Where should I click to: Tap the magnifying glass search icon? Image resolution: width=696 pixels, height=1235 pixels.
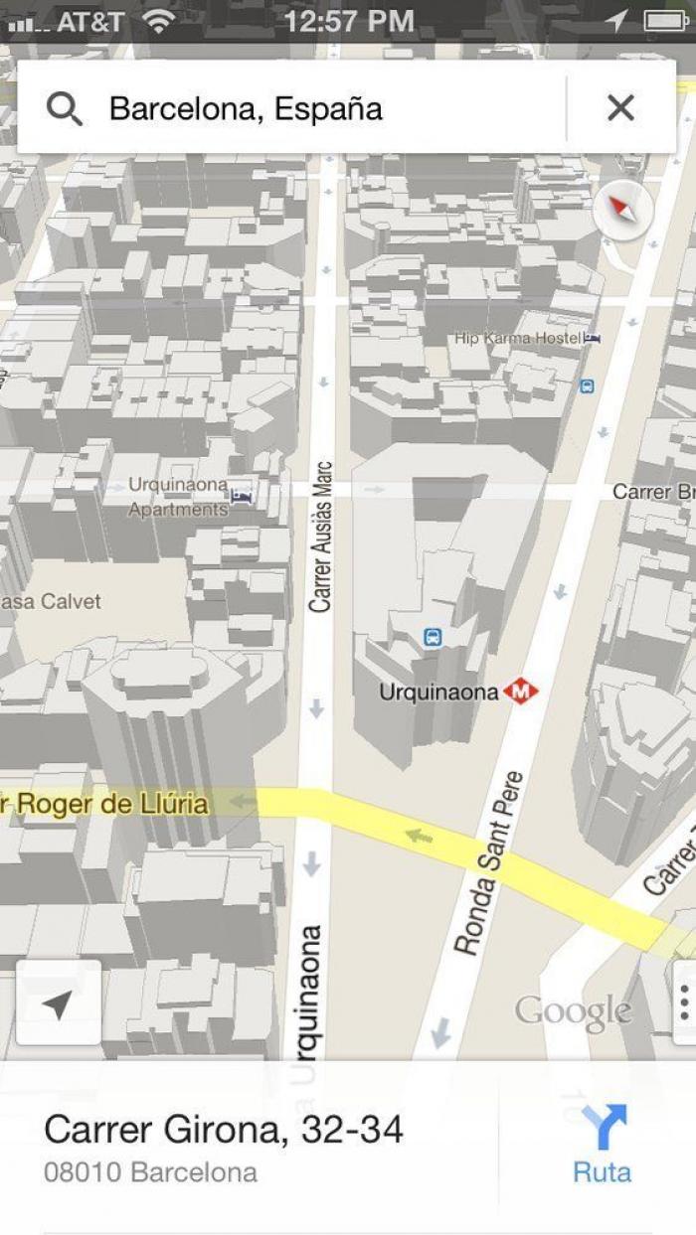[64, 108]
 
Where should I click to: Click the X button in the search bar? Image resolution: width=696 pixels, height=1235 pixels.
[620, 107]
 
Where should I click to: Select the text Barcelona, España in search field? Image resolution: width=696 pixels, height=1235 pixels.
[246, 108]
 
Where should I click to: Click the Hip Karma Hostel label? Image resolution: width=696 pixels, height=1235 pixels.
[518, 338]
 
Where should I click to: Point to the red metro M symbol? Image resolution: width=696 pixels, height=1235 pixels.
[520, 691]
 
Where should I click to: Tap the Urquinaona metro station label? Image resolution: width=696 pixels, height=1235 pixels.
[438, 692]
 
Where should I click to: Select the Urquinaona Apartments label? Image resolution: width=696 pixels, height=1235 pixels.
[179, 497]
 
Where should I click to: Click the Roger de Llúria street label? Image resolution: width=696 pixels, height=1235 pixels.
[104, 803]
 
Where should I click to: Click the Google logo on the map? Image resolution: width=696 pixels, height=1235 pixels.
[573, 1012]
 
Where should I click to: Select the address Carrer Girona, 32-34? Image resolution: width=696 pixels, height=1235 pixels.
[224, 1130]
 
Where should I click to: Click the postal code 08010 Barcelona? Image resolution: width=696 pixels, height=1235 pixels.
[150, 1172]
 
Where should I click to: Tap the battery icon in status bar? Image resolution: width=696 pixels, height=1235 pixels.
[664, 21]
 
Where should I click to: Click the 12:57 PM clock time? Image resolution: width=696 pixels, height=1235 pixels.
[348, 21]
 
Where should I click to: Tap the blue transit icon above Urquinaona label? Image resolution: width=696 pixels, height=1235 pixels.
[432, 637]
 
